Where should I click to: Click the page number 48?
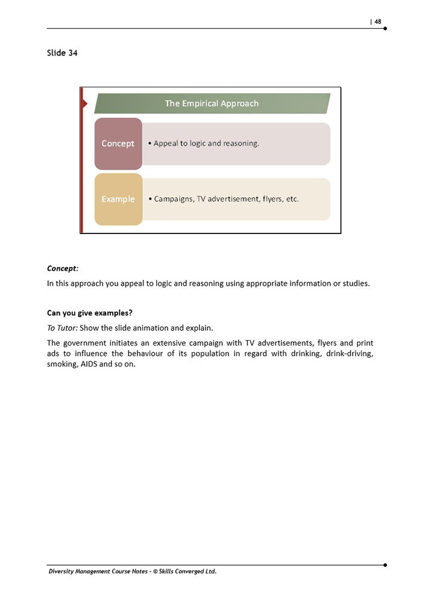[x=377, y=22]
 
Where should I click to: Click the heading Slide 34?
[x=62, y=53]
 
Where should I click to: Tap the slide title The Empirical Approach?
[x=212, y=104]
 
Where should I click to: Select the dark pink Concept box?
[x=118, y=144]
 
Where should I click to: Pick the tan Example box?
[x=118, y=199]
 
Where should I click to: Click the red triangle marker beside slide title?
[x=84, y=104]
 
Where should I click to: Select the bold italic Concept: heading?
[x=63, y=268]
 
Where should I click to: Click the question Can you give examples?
[x=89, y=313]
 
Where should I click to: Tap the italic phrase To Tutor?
[x=62, y=327]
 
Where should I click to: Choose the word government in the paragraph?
[x=84, y=343]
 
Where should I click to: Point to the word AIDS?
[x=93, y=364]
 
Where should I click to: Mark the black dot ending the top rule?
[x=385, y=28]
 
